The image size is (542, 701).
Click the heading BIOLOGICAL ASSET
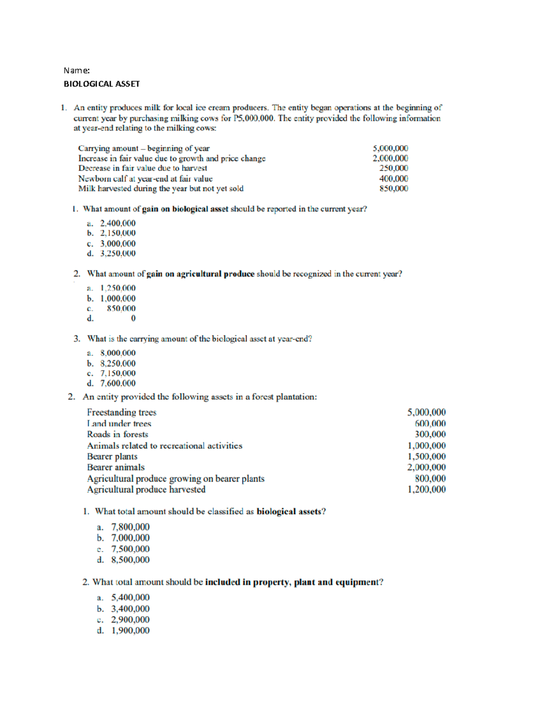click(101, 84)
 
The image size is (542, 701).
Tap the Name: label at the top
click(76, 70)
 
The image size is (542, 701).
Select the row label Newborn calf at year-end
click(145, 179)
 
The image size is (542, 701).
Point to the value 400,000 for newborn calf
click(393, 179)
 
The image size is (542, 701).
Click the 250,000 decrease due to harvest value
click(393, 168)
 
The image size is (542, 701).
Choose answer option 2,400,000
click(117, 223)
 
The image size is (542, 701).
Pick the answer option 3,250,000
click(117, 253)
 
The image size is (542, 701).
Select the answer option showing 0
click(133, 318)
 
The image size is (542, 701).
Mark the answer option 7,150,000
click(117, 373)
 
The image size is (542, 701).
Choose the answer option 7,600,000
click(117, 383)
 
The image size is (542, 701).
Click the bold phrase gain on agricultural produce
click(201, 274)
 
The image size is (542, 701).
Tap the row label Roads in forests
click(117, 434)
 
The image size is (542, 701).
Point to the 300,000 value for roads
click(430, 434)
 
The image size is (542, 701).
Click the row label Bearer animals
click(116, 467)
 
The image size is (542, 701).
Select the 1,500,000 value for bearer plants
click(426, 456)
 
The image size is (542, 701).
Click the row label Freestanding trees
click(121, 412)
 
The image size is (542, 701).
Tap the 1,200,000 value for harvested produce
click(426, 489)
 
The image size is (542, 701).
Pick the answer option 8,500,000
click(130, 560)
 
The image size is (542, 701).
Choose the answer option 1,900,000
click(130, 631)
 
